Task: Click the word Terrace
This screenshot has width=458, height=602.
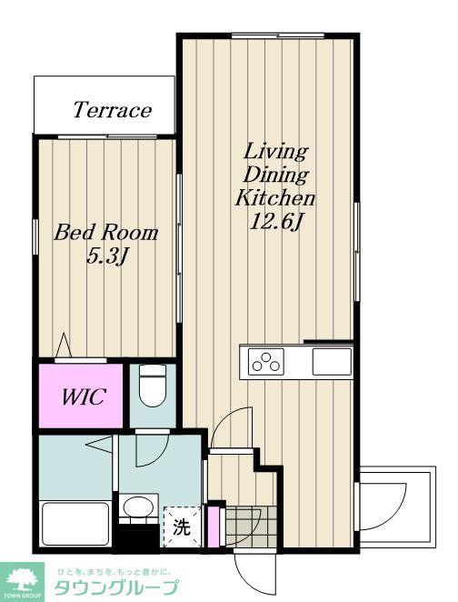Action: (x=113, y=110)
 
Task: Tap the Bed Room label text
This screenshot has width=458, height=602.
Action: (x=106, y=233)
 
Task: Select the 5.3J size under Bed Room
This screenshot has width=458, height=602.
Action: (x=106, y=256)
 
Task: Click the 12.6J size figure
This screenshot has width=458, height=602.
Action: (x=275, y=222)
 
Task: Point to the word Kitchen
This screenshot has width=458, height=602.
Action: (x=275, y=198)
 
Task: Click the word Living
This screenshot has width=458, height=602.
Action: (x=275, y=151)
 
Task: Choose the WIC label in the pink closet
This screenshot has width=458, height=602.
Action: (x=84, y=396)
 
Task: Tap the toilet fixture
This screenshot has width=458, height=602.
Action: (x=153, y=385)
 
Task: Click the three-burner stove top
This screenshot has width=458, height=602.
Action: (x=266, y=361)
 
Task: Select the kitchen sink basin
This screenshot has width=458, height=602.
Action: (x=332, y=361)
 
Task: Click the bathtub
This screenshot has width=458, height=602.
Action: (x=75, y=524)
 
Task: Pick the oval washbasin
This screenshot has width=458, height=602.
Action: (x=138, y=507)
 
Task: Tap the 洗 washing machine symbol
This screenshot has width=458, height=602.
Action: (x=182, y=527)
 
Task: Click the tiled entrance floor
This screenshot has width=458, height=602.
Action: (x=251, y=526)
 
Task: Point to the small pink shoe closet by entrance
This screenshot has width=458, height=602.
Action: (x=213, y=527)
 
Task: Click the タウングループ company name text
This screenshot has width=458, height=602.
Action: (x=116, y=587)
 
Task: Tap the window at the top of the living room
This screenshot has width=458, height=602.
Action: (x=278, y=36)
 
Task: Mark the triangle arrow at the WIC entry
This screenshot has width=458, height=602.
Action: (x=64, y=346)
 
